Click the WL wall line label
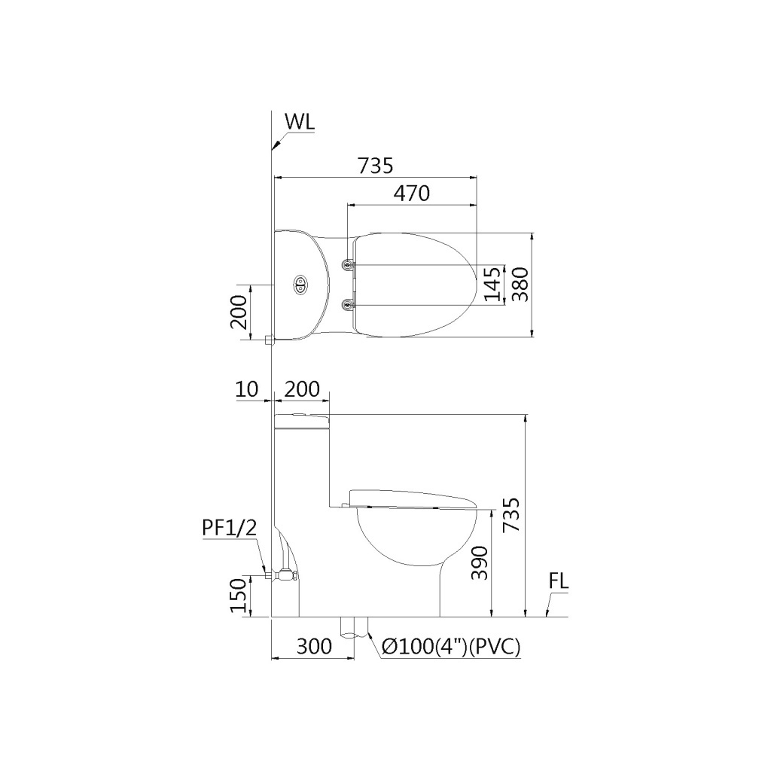pos(300,122)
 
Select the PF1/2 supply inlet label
pos(230,528)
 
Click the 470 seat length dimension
pos(412,194)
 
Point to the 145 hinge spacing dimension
pos(492,284)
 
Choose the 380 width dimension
pos(520,284)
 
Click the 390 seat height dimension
pos(480,562)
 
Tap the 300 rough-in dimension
pos(314,645)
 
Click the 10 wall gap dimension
pos(247,389)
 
